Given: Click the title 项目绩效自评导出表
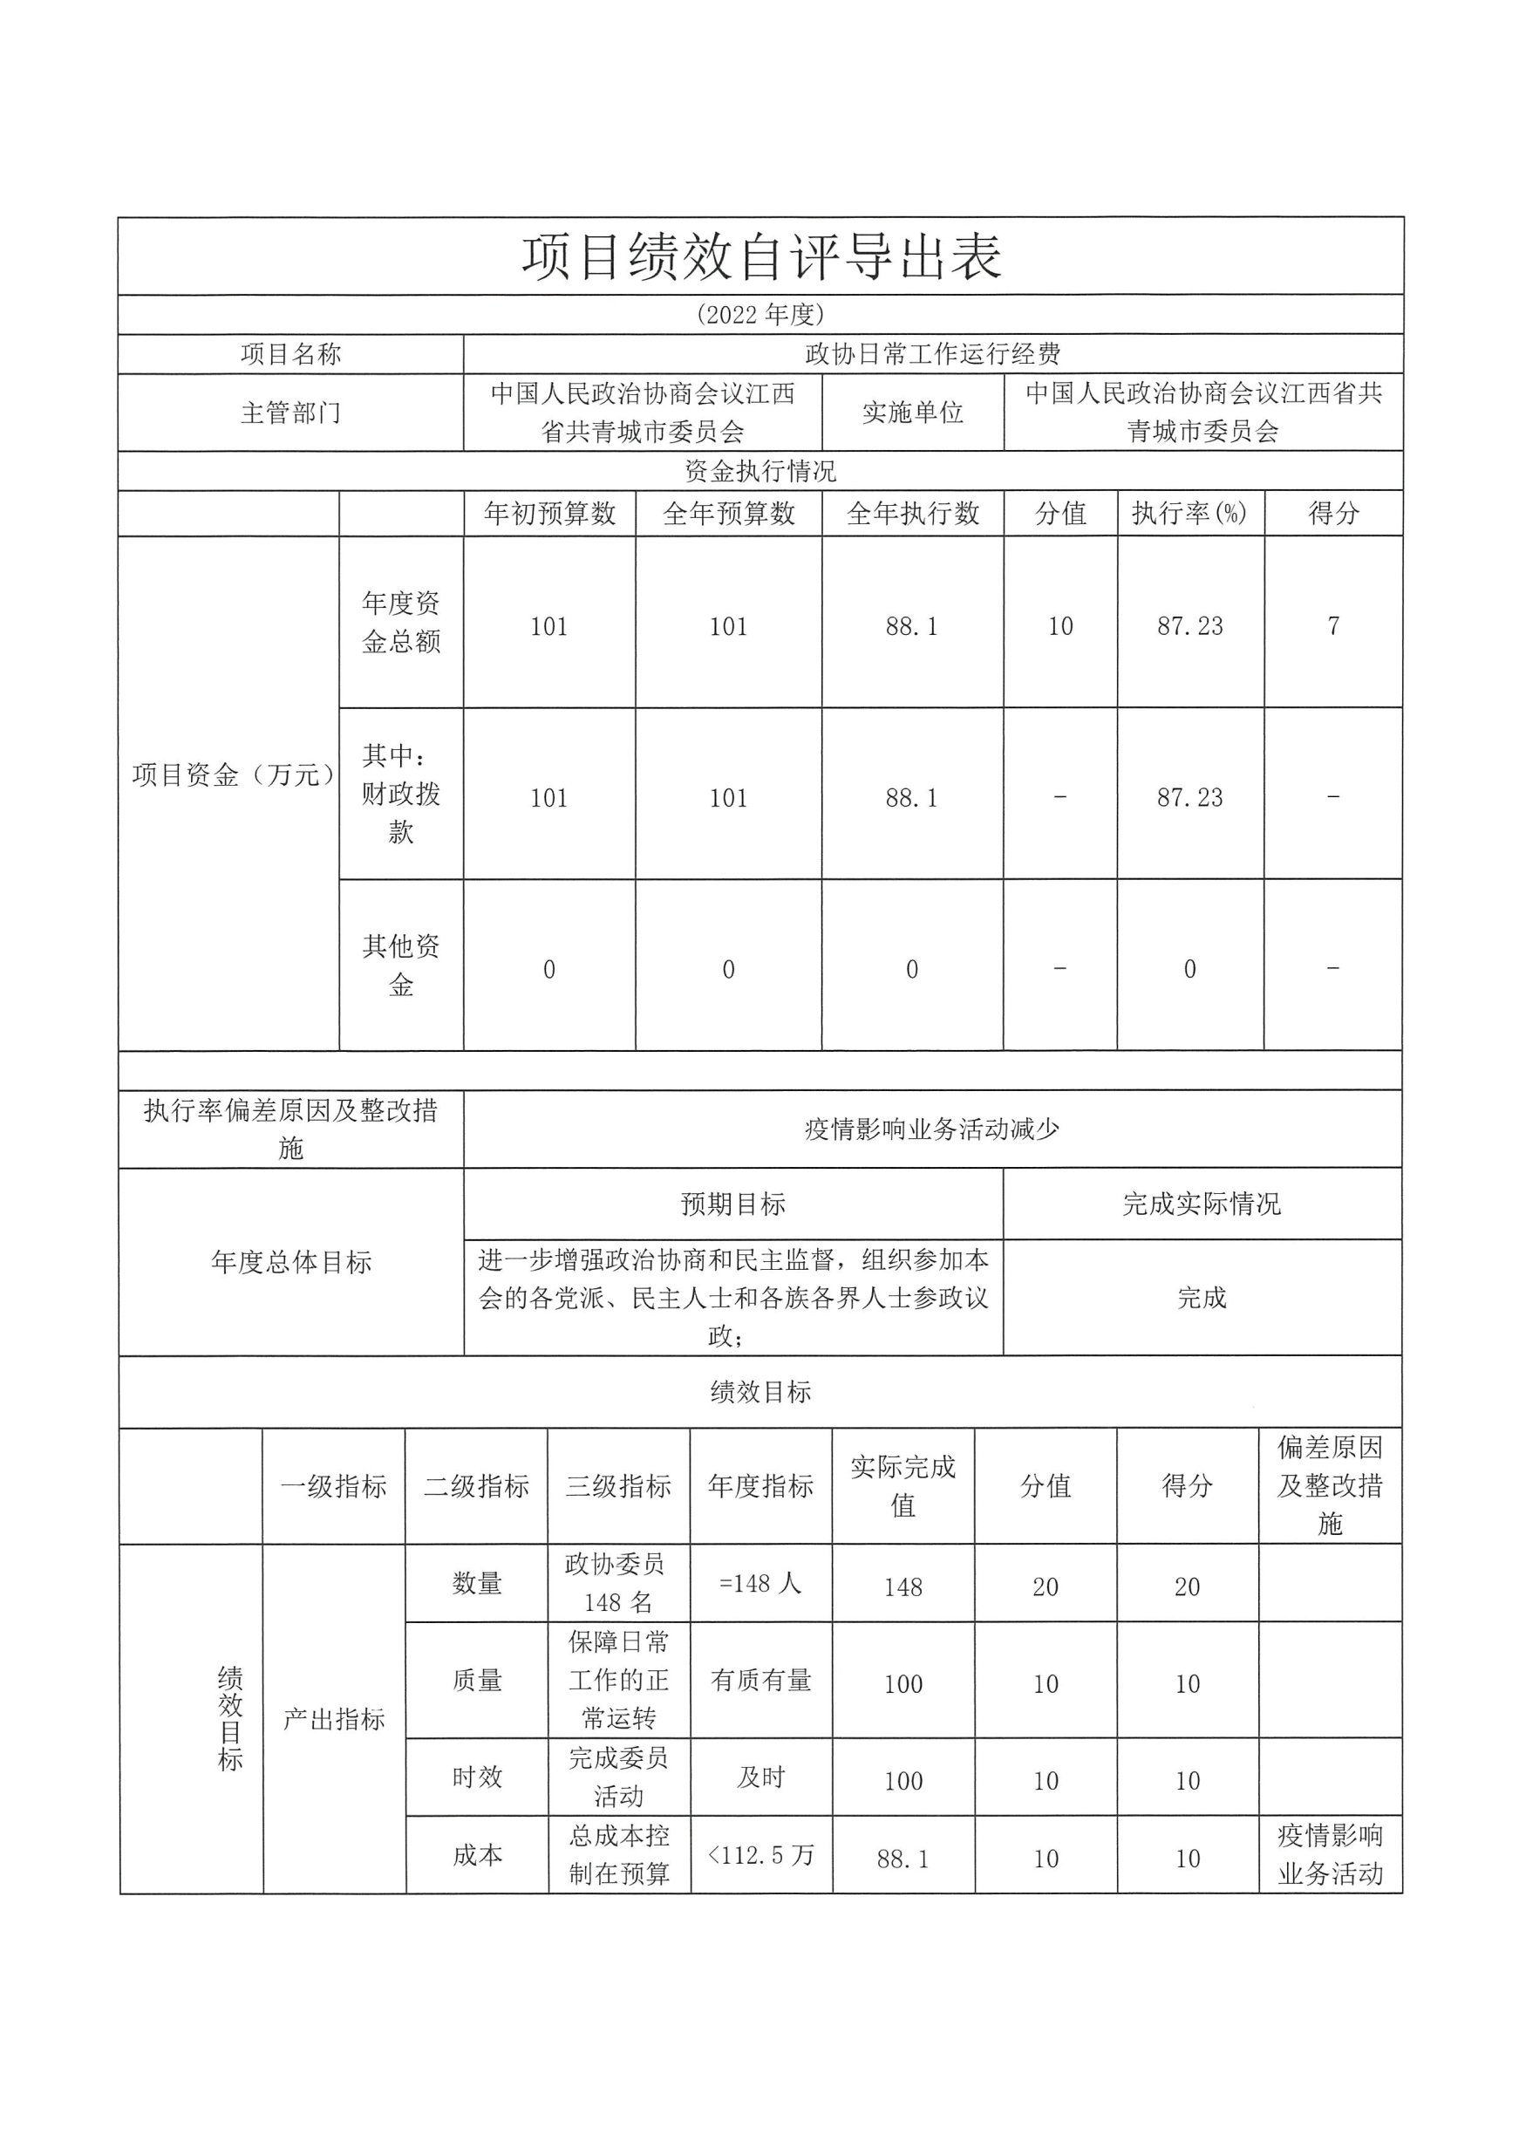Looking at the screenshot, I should pos(761,257).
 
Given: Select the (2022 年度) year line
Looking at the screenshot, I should pos(760,315).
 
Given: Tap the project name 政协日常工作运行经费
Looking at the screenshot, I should pos(932,354).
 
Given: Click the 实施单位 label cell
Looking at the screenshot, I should pos(912,413).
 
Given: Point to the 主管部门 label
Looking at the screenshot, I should pos(290,413).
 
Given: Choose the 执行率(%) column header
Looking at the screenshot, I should pos(1189,513).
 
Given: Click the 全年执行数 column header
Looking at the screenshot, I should pos(912,513).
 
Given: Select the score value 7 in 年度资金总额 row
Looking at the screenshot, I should pos(1332,625).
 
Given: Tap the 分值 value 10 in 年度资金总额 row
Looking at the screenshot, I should pos(1059,626).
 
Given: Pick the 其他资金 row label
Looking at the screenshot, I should pos(400,965).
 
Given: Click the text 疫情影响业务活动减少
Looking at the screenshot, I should pos(932,1129).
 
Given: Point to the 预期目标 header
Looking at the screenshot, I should pos(732,1204).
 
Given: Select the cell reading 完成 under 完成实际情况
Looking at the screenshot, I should pos(1202,1298).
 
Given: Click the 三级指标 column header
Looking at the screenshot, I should pos(618,1486).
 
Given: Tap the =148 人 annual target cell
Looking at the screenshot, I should pos(760,1584).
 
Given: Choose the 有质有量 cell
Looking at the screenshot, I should pos(760,1680).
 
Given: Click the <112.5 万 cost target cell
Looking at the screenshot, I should pos(760,1854).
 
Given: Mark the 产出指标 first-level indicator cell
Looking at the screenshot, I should pos(334,1719).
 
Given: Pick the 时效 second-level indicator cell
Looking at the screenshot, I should pos(476,1777).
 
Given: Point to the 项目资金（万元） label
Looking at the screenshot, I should pos(230,775).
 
